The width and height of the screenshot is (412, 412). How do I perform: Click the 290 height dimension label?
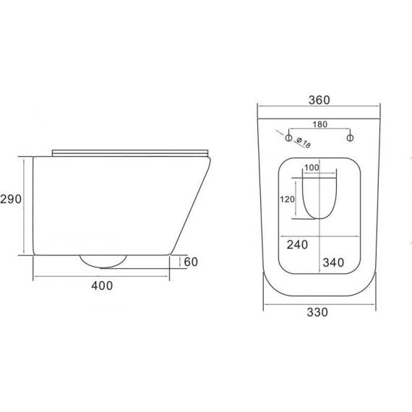click(11, 199)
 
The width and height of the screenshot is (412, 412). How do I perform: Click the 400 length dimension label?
click(102, 286)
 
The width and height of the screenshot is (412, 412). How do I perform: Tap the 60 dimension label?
click(191, 262)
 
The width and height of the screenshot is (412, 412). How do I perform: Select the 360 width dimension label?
click(319, 100)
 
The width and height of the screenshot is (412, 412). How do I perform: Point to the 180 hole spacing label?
click(319, 124)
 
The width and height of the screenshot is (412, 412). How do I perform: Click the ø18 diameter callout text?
click(304, 142)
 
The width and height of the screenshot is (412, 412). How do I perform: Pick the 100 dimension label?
click(312, 168)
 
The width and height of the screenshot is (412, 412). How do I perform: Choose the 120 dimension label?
click(287, 199)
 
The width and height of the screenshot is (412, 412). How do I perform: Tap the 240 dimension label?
click(297, 244)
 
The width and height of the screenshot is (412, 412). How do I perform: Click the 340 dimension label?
click(333, 262)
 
